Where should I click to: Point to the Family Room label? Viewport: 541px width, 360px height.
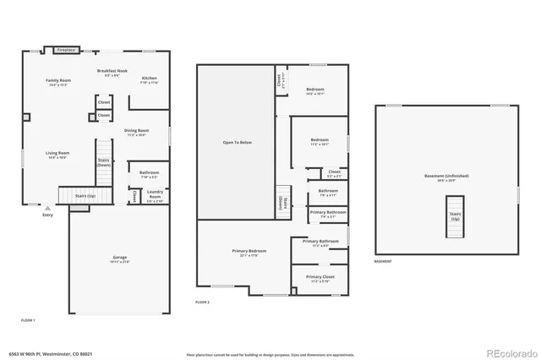[x=58, y=82]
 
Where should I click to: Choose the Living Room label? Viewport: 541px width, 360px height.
[x=57, y=155]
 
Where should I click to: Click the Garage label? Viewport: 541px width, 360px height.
[x=121, y=258]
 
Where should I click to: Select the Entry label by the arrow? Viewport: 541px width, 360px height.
[x=46, y=215]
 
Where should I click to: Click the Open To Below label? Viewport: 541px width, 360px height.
[x=238, y=142]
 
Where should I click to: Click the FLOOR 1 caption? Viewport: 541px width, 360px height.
[x=28, y=319]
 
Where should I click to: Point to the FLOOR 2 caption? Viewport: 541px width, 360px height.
[x=202, y=302]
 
